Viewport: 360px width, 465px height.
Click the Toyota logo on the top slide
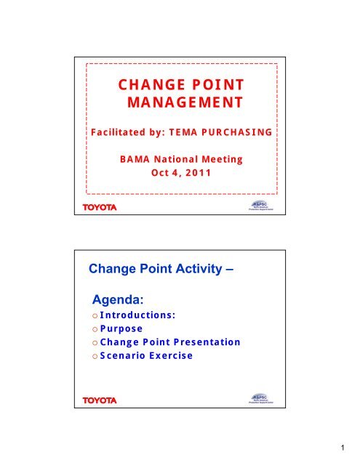[99, 209]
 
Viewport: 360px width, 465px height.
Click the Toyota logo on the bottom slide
[99, 400]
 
